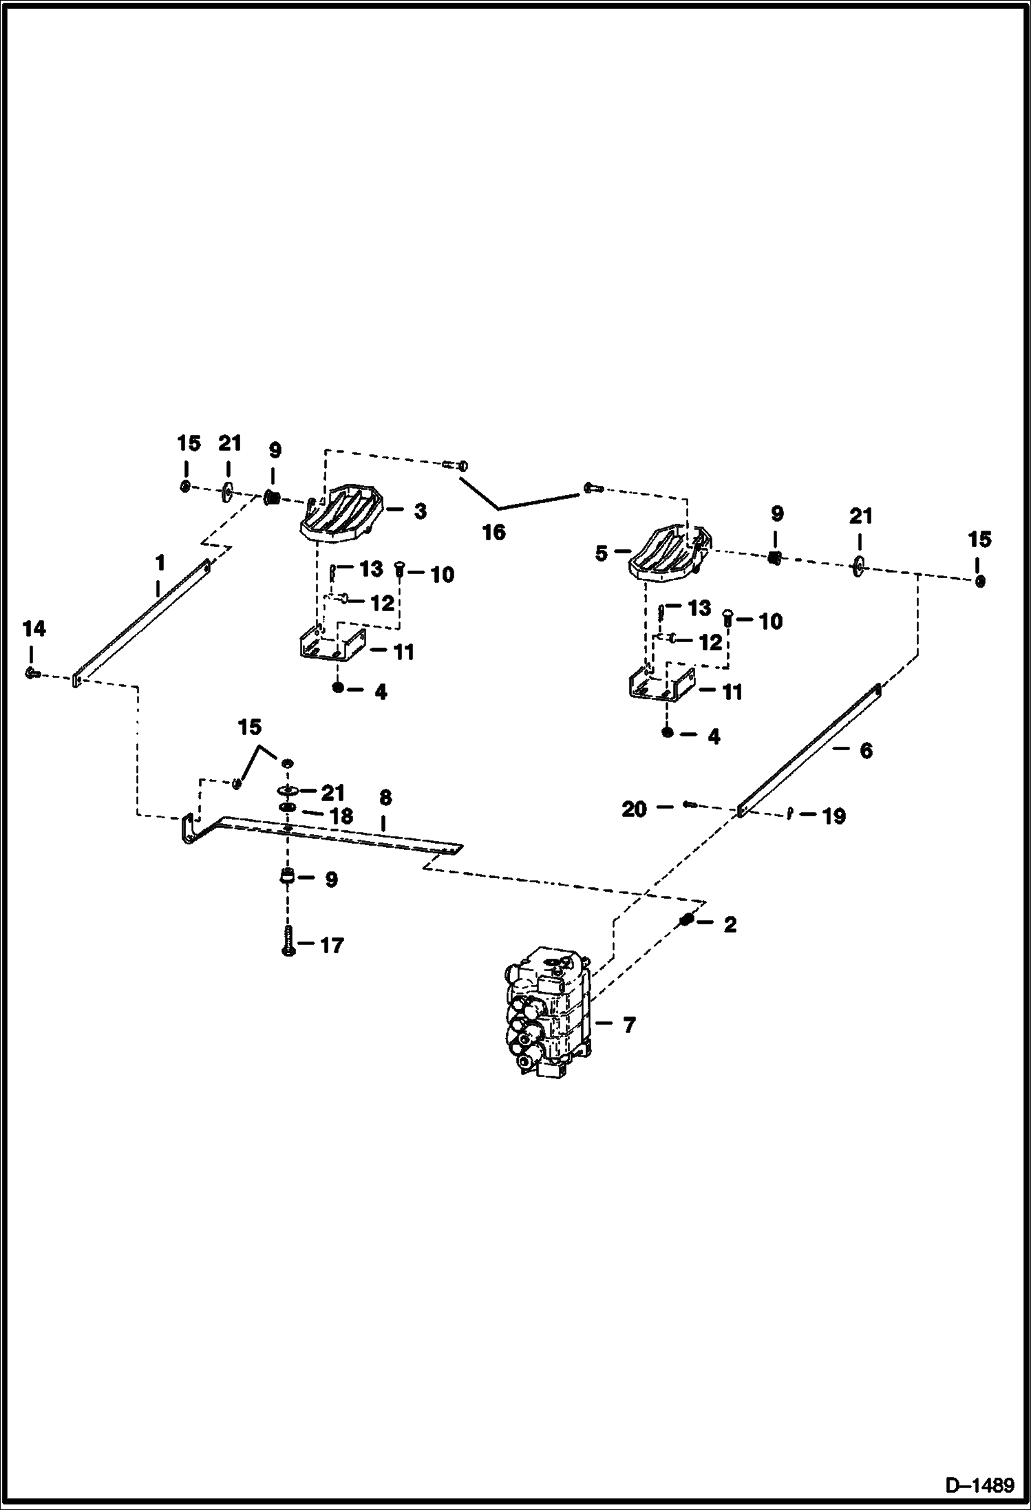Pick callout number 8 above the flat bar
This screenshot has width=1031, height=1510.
tap(385, 798)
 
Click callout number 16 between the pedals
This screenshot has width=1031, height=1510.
tap(494, 532)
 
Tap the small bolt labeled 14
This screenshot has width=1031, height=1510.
tap(32, 672)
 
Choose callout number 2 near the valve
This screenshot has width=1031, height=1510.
tap(730, 925)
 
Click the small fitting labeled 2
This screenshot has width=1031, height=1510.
tap(685, 920)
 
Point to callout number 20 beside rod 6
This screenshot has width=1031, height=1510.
tap(634, 809)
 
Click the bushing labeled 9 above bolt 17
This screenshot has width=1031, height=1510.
tap(287, 878)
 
